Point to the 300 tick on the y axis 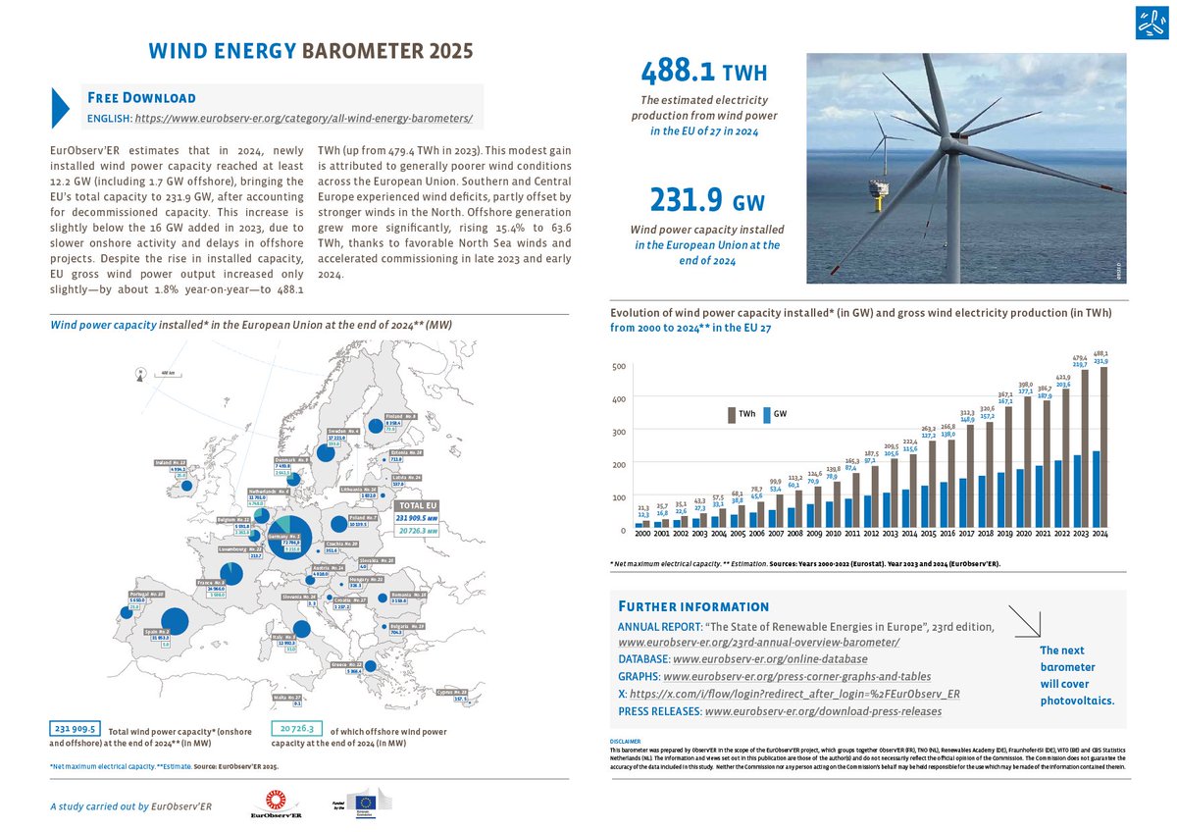point(618,432)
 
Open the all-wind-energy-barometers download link point(303,118)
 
